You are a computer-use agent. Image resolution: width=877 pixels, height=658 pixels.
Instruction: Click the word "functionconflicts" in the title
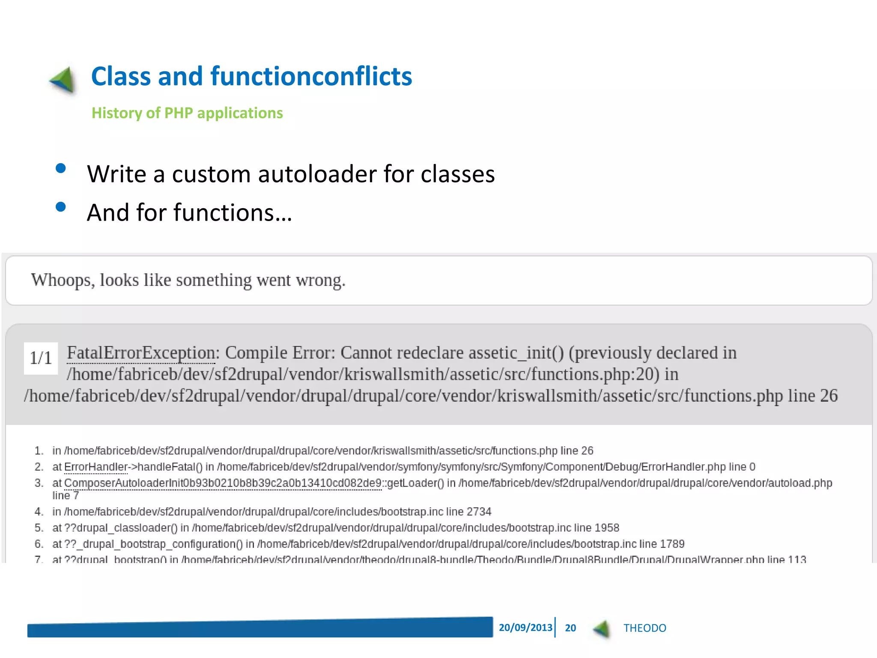(x=311, y=76)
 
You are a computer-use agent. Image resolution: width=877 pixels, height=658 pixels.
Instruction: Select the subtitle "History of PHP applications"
(x=187, y=113)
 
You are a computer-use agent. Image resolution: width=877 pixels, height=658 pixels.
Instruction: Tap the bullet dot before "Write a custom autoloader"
(x=61, y=168)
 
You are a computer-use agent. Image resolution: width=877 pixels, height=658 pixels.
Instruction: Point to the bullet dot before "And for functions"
(x=61, y=207)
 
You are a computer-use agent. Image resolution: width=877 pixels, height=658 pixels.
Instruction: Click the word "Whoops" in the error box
(x=63, y=280)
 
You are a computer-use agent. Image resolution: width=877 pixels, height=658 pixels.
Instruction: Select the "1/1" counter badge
(x=41, y=358)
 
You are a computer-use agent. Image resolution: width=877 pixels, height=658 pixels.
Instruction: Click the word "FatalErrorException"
(x=140, y=353)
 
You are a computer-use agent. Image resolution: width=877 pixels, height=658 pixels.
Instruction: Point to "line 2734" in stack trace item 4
(x=468, y=512)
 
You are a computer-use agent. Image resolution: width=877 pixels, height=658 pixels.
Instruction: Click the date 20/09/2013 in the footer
(x=525, y=628)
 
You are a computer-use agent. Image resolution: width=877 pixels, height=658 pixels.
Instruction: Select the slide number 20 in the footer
(x=570, y=628)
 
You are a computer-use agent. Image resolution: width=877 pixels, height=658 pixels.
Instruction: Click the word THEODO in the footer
(x=644, y=628)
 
